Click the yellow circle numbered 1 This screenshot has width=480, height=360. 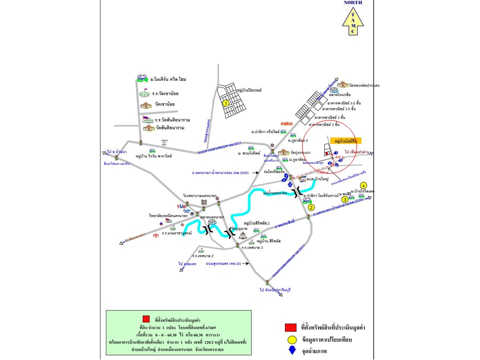(x=225, y=103)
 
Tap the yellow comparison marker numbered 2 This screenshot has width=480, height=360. (x=310, y=206)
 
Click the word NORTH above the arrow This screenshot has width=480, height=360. (x=353, y=2)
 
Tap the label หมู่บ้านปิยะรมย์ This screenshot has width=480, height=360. (x=248, y=90)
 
